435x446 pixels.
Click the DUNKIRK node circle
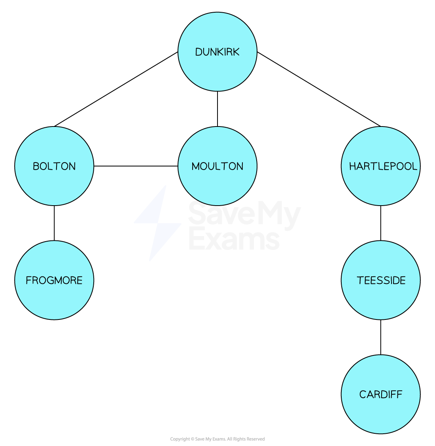point(217,52)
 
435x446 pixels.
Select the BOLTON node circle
point(54,166)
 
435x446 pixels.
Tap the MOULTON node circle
point(217,166)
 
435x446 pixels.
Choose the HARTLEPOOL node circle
point(381,166)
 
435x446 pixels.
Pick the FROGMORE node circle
point(54,280)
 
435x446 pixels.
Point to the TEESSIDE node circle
point(381,280)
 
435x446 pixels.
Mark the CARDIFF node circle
point(381,394)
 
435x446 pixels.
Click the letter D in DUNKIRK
point(199,52)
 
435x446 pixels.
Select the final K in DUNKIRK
point(236,52)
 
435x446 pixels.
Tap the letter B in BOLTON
point(36,166)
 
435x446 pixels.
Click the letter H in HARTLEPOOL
point(352,166)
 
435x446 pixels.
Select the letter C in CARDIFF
point(363,395)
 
